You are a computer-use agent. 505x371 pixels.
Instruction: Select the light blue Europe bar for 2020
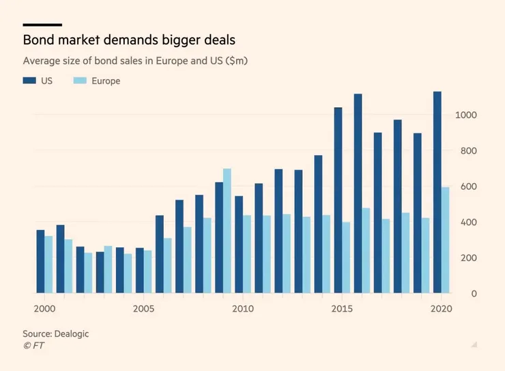[445, 241]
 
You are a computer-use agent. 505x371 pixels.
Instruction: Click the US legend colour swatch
[29, 81]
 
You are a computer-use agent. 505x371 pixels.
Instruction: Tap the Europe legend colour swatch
[80, 81]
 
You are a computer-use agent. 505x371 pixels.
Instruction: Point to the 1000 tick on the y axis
[465, 115]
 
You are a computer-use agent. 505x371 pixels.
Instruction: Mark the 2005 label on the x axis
[143, 309]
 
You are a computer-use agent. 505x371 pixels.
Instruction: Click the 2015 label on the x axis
[341, 309]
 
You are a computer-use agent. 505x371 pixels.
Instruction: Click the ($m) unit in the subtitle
[235, 61]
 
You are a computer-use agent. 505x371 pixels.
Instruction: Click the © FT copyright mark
[33, 346]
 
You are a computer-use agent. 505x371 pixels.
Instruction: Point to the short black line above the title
[42, 25]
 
